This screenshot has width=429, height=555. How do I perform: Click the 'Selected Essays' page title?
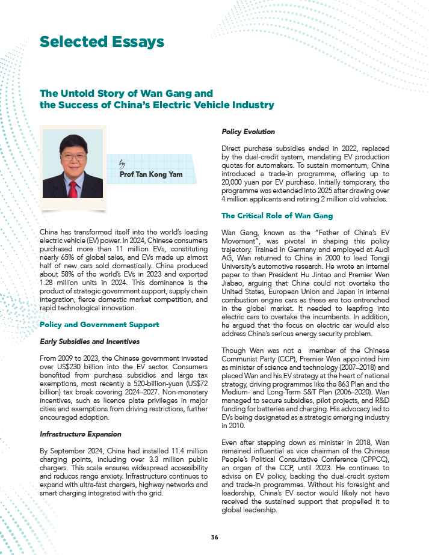pos(101,41)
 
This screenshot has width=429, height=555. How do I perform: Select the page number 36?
pos(214,536)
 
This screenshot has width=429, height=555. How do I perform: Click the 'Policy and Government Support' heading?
pos(99,324)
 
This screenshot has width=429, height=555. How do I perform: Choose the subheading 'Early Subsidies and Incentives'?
pos(89,342)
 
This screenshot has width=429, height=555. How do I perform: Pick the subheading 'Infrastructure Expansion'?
pos(80,434)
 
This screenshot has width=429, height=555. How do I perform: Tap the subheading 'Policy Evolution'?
pos(248,131)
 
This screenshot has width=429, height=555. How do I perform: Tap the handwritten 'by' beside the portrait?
pos(123,163)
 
